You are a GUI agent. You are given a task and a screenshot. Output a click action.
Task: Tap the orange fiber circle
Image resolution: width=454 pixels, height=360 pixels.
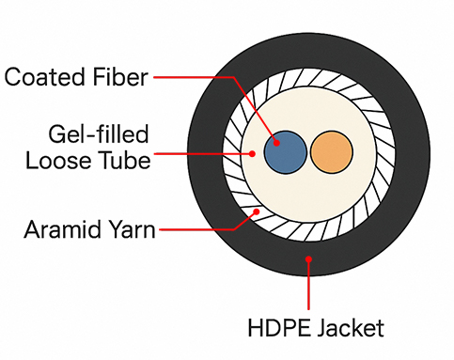(330, 152)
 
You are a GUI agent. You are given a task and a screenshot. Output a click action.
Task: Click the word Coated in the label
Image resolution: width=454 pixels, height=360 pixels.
(44, 77)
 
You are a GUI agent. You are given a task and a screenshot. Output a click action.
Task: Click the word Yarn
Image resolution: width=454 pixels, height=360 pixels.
(128, 228)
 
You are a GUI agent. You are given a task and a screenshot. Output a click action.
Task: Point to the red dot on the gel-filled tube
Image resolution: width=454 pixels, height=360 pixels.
(251, 153)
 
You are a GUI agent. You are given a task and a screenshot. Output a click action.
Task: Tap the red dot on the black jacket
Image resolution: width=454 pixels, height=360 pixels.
(310, 255)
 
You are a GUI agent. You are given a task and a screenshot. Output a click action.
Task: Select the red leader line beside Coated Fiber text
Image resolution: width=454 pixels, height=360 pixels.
(188, 76)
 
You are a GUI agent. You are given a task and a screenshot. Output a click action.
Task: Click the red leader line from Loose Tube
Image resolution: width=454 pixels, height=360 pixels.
(202, 153)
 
